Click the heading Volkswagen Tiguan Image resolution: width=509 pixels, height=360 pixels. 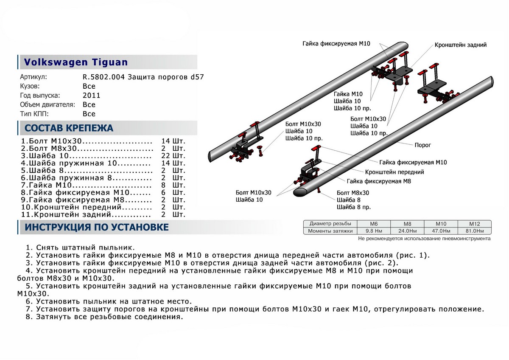click(76, 62)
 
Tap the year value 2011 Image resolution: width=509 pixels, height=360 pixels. click(92, 96)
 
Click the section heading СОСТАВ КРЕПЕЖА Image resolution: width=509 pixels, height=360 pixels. click(69, 128)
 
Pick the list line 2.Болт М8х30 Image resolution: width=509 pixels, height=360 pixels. click(87, 149)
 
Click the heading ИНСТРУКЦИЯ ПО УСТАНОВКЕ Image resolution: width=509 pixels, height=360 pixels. click(97, 228)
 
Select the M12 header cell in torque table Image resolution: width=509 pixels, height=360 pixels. click(474, 224)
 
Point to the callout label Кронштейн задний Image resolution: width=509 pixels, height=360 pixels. click(460, 45)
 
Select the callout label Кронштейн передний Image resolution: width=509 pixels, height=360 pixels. click(394, 172)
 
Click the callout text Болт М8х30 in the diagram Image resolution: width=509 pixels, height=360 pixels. click(353, 192)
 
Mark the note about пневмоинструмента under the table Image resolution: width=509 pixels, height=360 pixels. click(424, 239)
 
